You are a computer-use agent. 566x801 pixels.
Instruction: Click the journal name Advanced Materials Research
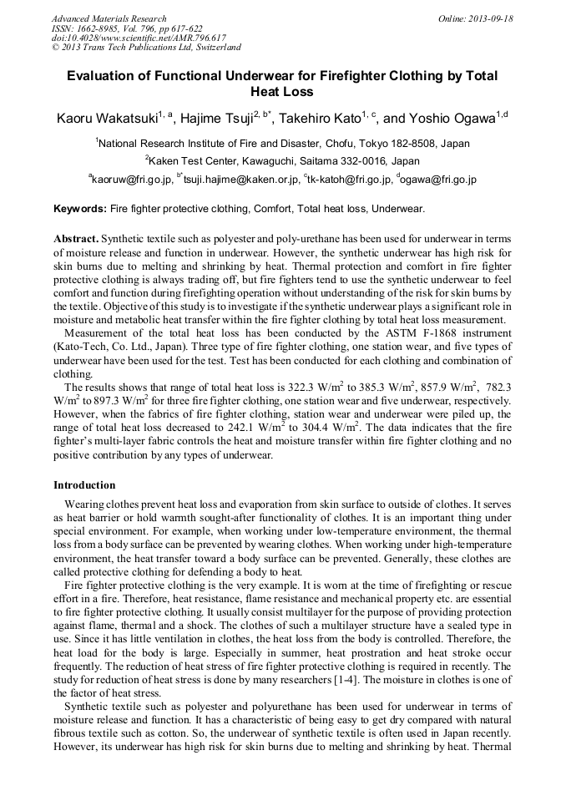point(109,18)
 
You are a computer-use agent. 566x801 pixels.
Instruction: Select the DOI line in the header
point(139,38)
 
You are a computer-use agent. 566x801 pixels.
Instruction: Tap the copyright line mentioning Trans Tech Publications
point(145,48)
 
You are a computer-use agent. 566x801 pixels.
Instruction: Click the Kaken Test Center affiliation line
point(284,160)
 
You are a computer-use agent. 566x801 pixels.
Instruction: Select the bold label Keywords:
point(80,208)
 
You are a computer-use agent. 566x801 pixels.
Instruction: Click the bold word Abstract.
point(76,239)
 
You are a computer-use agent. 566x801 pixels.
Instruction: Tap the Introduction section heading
point(84,485)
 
